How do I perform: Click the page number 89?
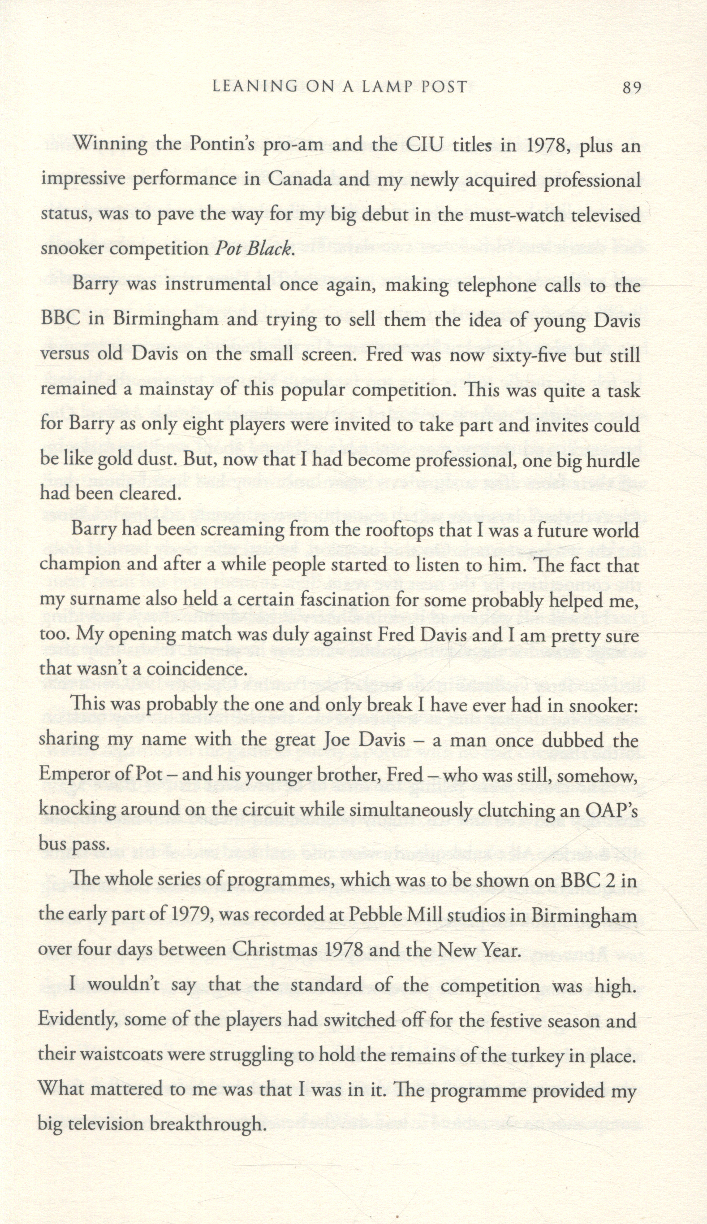pos(631,88)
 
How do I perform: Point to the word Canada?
pos(299,180)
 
